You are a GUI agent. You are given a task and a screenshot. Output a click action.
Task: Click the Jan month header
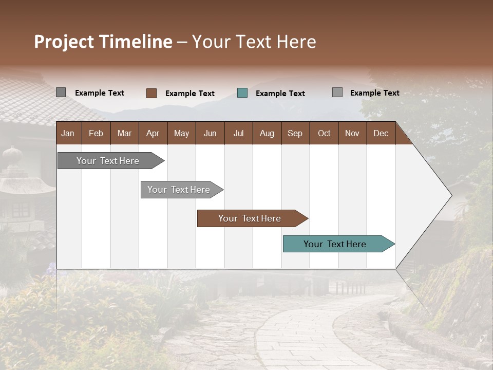coord(68,133)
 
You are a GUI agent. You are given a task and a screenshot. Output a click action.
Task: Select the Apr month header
coord(153,133)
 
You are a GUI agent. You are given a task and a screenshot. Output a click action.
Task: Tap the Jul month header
coord(238,133)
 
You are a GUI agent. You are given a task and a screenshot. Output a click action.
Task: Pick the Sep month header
coord(295,133)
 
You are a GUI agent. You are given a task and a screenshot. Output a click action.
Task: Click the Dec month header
coord(381,133)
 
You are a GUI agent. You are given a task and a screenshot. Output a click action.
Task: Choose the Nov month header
coord(352,133)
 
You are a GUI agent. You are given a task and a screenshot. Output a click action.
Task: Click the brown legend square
coord(151,93)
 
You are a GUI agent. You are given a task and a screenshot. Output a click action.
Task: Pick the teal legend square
coord(242,93)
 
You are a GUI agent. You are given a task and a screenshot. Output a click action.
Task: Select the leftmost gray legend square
coord(61,92)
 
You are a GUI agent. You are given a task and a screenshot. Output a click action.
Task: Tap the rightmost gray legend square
coord(337,92)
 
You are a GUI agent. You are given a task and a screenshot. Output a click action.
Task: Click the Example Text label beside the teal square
coord(280,94)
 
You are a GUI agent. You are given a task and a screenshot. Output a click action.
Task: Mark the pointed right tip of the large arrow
coord(451,195)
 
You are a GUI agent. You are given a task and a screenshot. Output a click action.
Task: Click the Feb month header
coord(96,133)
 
